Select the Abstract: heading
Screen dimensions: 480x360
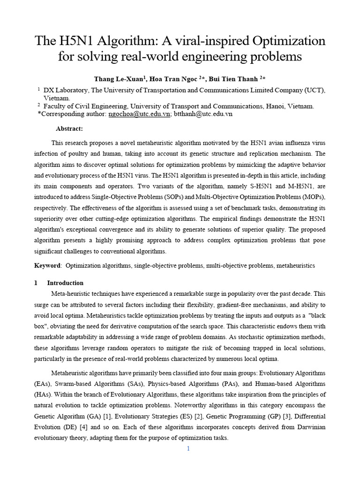[x=69, y=128]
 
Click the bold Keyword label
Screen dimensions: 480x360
[x=47, y=265]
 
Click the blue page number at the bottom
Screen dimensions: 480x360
[x=188, y=449]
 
